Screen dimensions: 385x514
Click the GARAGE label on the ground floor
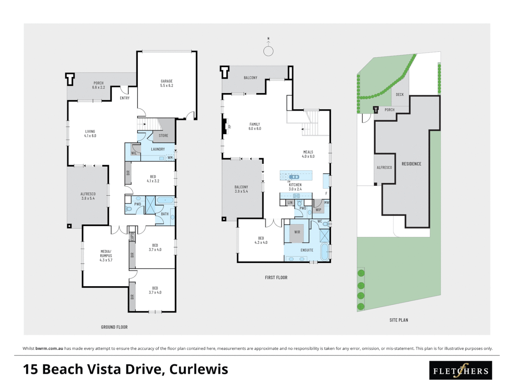click(166, 83)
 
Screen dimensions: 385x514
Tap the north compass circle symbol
click(268, 51)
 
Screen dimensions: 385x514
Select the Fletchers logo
click(460, 371)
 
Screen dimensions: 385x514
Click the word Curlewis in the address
click(198, 369)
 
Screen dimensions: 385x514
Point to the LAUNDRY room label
click(158, 149)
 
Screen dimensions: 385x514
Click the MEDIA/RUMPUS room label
click(106, 256)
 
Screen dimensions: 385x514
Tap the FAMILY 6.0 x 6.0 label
click(255, 127)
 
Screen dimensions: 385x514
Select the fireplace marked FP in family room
click(225, 126)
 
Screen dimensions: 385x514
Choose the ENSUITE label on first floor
click(307, 250)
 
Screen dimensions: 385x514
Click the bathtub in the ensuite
click(324, 252)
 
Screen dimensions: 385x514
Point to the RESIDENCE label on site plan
click(411, 164)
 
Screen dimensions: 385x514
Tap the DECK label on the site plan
click(400, 95)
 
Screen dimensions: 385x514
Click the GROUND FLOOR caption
click(114, 327)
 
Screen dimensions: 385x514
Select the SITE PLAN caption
click(399, 320)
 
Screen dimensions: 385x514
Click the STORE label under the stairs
click(163, 136)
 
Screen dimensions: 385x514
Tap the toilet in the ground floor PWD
click(128, 209)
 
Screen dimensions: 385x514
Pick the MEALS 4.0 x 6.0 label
click(308, 154)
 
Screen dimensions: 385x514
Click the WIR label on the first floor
click(297, 232)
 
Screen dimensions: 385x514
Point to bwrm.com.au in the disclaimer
click(49, 348)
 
